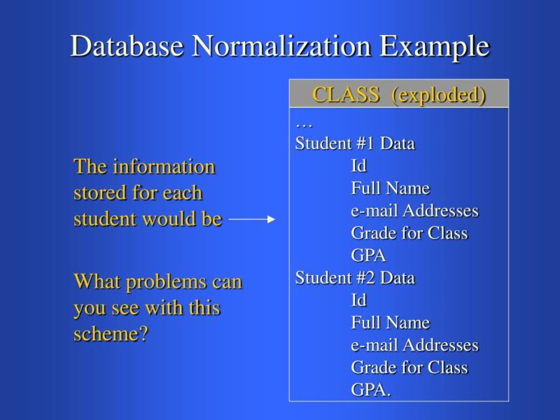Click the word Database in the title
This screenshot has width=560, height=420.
[127, 46]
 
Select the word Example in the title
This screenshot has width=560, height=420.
[434, 46]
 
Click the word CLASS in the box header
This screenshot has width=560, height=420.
[346, 94]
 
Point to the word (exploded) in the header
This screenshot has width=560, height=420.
[438, 94]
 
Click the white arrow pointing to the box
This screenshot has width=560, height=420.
[252, 219]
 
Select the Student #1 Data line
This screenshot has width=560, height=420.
[355, 143]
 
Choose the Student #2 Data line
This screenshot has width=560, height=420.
[355, 278]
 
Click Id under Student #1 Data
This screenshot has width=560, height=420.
[358, 166]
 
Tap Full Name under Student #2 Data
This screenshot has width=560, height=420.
[390, 323]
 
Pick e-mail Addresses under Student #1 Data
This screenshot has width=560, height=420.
[414, 211]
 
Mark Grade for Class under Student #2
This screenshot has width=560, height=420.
[409, 367]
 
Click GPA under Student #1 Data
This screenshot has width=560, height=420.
[368, 255]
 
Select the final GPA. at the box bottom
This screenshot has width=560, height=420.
[370, 390]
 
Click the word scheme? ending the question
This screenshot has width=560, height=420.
[111, 334]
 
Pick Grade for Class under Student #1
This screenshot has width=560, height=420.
[409, 233]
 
